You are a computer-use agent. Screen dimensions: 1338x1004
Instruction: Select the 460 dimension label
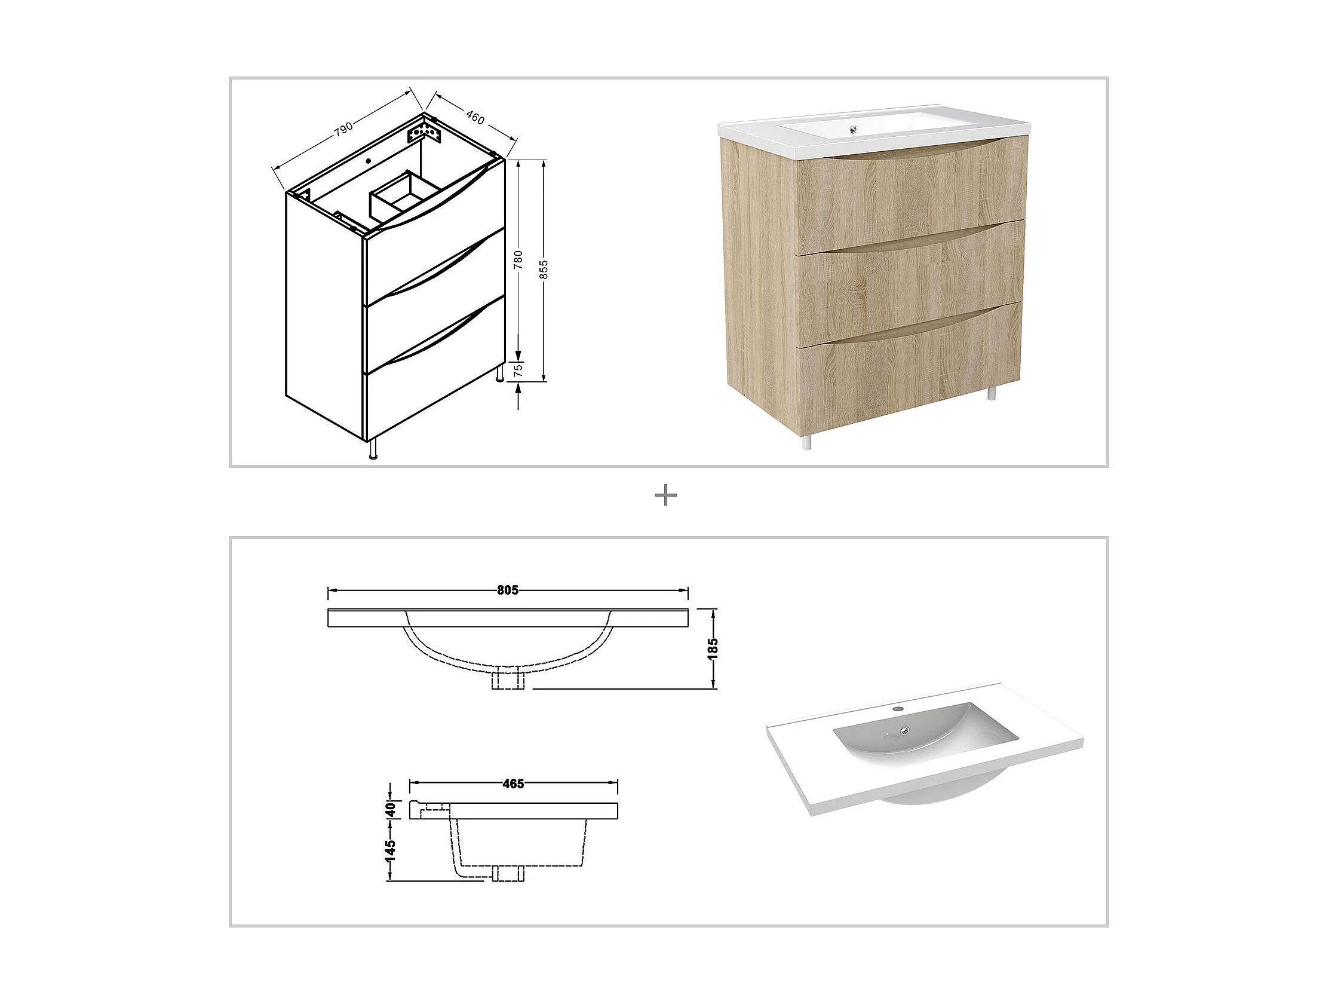[475, 118]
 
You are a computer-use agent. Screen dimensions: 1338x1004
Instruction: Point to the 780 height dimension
[518, 259]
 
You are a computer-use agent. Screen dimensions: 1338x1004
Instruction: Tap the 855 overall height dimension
[544, 270]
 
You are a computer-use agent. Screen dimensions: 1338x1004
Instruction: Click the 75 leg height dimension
[518, 371]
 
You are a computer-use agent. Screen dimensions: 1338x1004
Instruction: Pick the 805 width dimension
[508, 590]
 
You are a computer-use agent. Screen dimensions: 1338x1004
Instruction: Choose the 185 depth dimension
[713, 648]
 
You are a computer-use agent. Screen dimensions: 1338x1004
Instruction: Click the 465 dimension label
[513, 783]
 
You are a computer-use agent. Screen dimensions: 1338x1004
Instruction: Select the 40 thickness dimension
[391, 809]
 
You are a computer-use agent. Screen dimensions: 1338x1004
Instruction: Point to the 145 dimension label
[391, 850]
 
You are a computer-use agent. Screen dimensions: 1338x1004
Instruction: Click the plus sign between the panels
[666, 496]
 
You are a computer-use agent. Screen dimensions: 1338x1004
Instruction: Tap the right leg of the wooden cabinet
[992, 394]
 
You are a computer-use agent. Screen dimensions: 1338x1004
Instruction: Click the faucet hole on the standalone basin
[898, 708]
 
